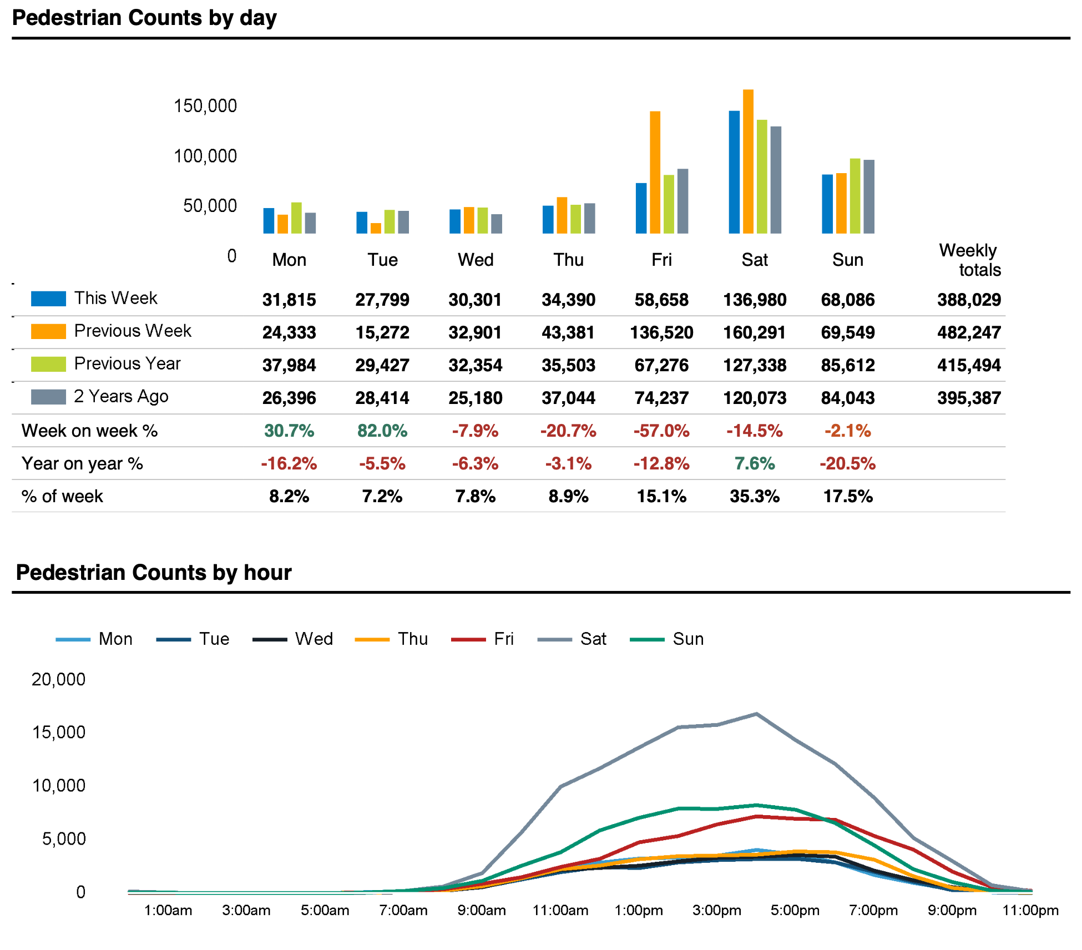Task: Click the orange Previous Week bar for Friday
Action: click(655, 172)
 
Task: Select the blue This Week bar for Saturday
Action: click(734, 172)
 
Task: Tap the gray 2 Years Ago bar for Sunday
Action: click(869, 196)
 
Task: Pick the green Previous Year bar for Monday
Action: click(296, 218)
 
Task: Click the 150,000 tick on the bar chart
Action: click(205, 106)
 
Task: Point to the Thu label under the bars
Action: click(568, 260)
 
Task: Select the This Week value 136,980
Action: click(755, 300)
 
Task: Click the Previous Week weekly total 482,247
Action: click(969, 333)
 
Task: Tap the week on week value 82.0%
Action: click(382, 431)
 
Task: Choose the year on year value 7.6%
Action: click(755, 464)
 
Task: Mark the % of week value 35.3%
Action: click(755, 497)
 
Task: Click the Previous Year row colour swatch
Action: click(48, 364)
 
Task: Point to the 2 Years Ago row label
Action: click(121, 397)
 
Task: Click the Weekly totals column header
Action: click(970, 260)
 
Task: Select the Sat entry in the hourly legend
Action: click(593, 639)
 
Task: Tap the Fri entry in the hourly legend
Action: click(503, 639)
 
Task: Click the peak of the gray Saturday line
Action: click(756, 714)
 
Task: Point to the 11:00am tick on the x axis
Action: click(560, 911)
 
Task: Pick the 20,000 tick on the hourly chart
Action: click(59, 680)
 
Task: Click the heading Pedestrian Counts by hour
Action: click(154, 573)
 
